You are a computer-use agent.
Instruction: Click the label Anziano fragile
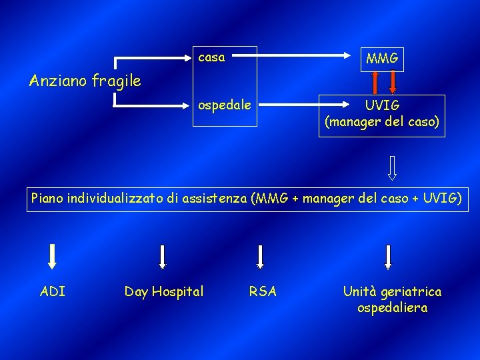(85, 81)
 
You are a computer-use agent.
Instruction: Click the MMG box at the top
(382, 59)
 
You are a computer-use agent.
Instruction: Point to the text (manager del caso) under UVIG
(382, 123)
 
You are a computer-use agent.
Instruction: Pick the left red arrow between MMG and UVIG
(375, 81)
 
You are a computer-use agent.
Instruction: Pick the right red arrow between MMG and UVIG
(392, 81)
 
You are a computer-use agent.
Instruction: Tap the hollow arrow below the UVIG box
(392, 168)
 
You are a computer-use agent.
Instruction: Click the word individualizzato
(113, 198)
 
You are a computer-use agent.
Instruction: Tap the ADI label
(53, 291)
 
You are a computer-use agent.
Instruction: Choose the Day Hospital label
(164, 291)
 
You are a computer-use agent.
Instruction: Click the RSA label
(263, 291)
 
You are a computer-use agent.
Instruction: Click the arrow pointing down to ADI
(53, 257)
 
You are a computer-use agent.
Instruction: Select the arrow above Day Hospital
(162, 257)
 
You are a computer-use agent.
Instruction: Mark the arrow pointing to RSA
(261, 257)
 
